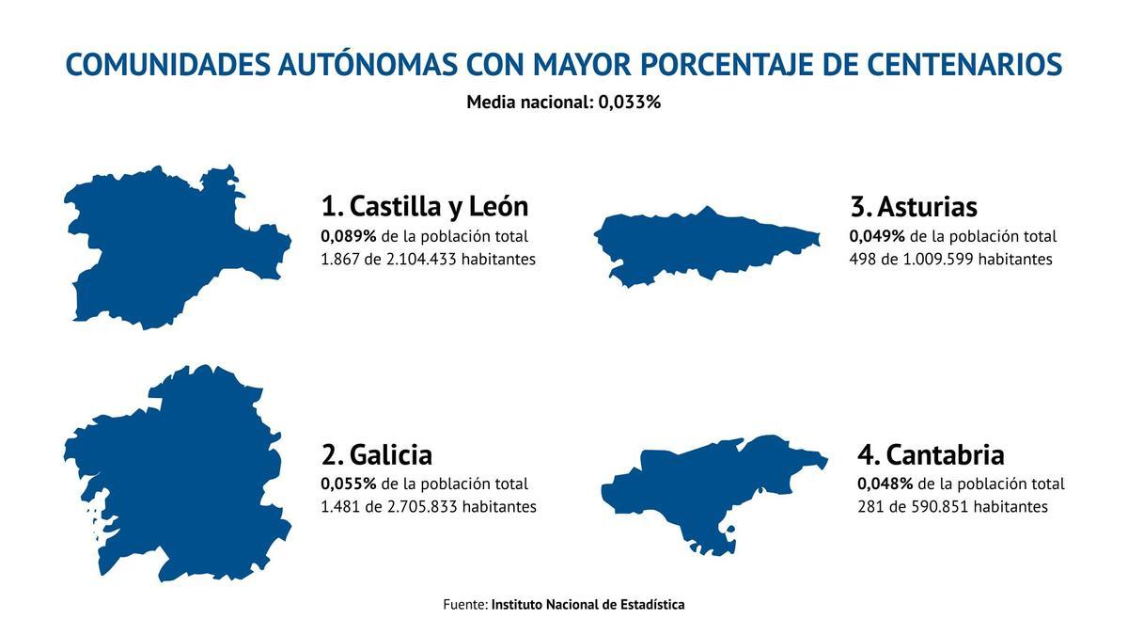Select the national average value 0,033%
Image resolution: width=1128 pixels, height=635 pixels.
click(x=630, y=102)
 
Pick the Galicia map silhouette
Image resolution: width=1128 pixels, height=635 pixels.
click(x=179, y=470)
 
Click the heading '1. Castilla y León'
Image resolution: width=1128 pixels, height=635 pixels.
click(x=425, y=206)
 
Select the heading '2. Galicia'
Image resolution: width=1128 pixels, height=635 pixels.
click(x=377, y=454)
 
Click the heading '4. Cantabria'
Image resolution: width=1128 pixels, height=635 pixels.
click(x=931, y=454)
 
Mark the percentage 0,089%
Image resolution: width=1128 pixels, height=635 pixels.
click(x=349, y=236)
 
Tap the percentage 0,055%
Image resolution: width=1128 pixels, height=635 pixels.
click(x=349, y=484)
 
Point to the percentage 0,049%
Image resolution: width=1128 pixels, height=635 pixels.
click(x=877, y=236)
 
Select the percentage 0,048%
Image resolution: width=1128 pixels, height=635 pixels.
click(x=885, y=484)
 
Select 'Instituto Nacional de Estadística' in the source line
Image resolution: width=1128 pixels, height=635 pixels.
click(x=587, y=604)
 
